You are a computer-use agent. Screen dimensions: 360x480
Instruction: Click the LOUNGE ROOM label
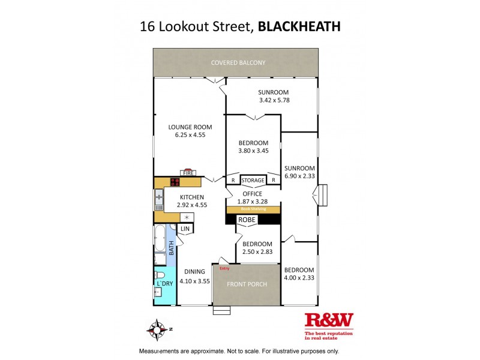(190, 127)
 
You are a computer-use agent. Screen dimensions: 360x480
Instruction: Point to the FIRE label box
(188, 173)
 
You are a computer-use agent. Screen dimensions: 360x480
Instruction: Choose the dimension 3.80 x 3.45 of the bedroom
(253, 151)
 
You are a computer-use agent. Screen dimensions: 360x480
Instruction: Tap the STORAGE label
(253, 180)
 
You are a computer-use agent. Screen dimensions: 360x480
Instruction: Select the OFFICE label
(253, 194)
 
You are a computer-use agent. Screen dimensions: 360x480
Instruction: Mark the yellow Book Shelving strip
(253, 209)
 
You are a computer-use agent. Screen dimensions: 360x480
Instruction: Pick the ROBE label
(247, 220)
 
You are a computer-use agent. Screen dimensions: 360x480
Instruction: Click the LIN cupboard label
(185, 229)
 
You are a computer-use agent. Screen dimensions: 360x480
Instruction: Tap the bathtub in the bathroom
(160, 239)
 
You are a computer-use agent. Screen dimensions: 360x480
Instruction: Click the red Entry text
(225, 268)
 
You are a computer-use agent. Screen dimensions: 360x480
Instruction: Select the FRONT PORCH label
(246, 285)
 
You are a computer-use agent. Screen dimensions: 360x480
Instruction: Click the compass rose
(157, 329)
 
